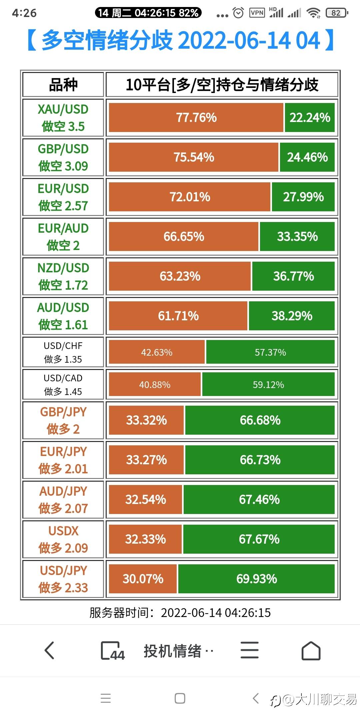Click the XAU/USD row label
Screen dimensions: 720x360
(63, 118)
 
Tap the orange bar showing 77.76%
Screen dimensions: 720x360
(196, 118)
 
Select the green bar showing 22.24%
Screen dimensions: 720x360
(310, 118)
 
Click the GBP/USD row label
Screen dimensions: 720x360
(63, 157)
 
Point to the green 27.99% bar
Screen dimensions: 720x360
(303, 197)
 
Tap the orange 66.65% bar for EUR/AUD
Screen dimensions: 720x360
(184, 237)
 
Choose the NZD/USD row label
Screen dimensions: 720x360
(63, 276)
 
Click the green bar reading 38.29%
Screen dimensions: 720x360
(292, 316)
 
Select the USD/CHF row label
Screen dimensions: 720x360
(63, 352)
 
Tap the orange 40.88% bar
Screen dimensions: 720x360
(155, 385)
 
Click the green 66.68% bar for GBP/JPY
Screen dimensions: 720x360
(260, 420)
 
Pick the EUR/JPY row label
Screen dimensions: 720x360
(63, 460)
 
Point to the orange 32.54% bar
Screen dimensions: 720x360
(146, 500)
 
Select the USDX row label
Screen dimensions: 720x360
(63, 539)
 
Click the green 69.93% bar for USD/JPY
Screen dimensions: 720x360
(256, 579)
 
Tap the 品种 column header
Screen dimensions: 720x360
(63, 85)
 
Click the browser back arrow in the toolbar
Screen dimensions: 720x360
(49, 651)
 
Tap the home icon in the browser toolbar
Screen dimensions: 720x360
(311, 651)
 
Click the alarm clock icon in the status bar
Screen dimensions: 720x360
(238, 13)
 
